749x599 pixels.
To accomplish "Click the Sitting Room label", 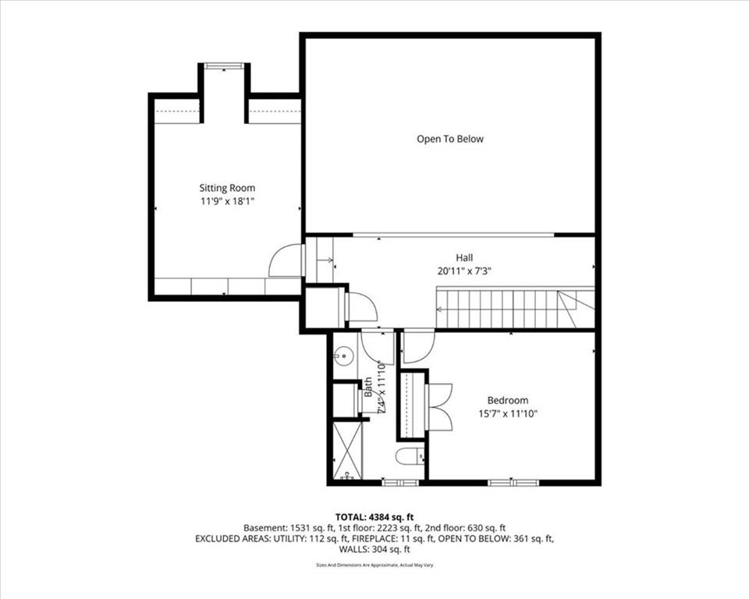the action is pyautogui.click(x=227, y=188).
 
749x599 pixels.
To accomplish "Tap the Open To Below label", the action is pyautogui.click(x=450, y=139).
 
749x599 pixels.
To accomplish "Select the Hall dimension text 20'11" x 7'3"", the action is pyautogui.click(x=464, y=271).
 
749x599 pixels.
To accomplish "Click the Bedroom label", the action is pyautogui.click(x=508, y=400).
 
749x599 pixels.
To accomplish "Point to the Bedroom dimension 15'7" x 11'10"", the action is pyautogui.click(x=508, y=413).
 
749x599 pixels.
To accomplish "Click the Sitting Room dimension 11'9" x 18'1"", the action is pyautogui.click(x=227, y=201).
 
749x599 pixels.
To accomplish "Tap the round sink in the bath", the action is pyautogui.click(x=343, y=356).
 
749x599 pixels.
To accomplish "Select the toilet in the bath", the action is pyautogui.click(x=410, y=456).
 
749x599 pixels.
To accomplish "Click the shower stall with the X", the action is pyautogui.click(x=347, y=449).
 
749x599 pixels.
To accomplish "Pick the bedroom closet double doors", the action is pyautogui.click(x=439, y=407).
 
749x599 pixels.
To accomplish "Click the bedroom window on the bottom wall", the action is pyautogui.click(x=513, y=483).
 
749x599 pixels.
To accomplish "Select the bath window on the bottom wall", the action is pyautogui.click(x=400, y=483).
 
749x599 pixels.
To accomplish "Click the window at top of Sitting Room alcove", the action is pyautogui.click(x=224, y=66).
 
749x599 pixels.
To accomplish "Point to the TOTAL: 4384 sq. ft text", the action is pyautogui.click(x=374, y=517).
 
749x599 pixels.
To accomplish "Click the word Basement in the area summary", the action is pyautogui.click(x=264, y=528).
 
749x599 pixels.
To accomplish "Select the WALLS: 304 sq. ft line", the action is pyautogui.click(x=374, y=549).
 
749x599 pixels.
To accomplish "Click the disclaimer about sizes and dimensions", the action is pyautogui.click(x=374, y=565).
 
